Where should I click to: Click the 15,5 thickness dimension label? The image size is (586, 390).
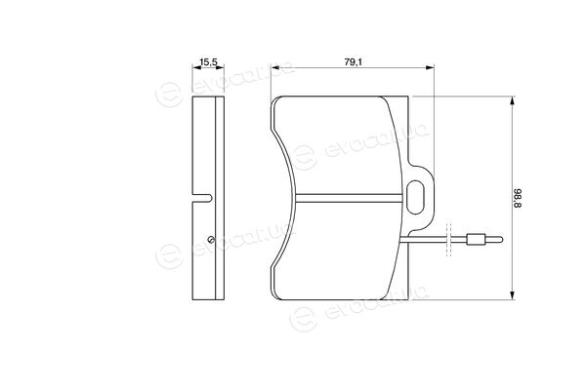[208, 62]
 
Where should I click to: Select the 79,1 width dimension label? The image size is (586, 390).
[353, 62]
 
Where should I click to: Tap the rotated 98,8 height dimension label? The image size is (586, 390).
[517, 198]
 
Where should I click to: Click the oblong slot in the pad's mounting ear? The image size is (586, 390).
[415, 197]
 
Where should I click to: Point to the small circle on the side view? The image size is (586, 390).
[210, 239]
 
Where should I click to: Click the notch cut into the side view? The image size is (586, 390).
[202, 198]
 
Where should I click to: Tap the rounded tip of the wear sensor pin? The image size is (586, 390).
[500, 240]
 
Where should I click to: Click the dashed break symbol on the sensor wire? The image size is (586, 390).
[449, 240]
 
